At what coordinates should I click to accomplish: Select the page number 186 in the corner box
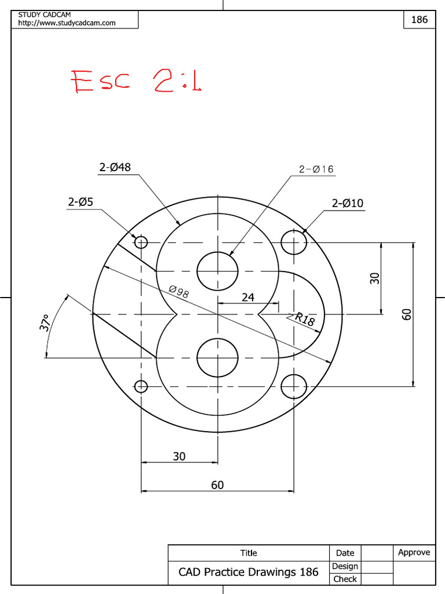click(419, 19)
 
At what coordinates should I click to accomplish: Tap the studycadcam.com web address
click(67, 23)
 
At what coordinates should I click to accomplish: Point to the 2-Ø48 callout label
click(115, 167)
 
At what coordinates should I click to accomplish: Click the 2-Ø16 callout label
click(316, 169)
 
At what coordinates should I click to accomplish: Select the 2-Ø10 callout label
click(348, 203)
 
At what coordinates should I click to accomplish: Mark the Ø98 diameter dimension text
click(178, 292)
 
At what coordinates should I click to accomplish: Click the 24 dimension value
click(247, 297)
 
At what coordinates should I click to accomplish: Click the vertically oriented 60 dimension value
click(407, 314)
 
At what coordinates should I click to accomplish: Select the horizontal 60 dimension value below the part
click(217, 485)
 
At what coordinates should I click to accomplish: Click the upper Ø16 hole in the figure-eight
click(217, 270)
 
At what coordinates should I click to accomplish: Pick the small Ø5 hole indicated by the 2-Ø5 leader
click(141, 242)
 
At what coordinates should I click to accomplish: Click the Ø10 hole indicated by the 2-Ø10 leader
click(294, 242)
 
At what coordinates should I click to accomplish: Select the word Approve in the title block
click(414, 552)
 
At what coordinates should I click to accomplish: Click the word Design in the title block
click(345, 566)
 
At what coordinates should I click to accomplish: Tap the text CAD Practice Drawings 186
click(248, 572)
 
